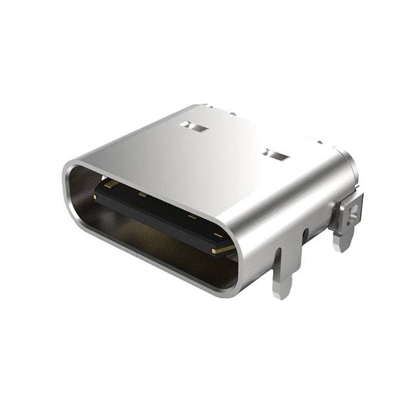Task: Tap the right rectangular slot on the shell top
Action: point(276,155)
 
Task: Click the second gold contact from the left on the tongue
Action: point(141,195)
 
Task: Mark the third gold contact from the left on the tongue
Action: point(192,217)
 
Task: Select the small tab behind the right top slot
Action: point(319,141)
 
